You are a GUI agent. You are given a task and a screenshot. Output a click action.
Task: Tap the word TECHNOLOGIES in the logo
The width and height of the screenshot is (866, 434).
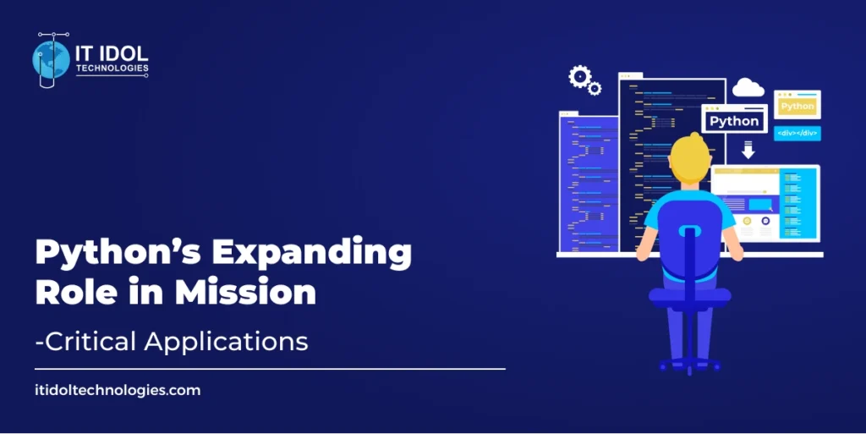tap(112, 68)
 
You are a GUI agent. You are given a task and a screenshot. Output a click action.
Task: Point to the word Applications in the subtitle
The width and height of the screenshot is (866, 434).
tap(227, 342)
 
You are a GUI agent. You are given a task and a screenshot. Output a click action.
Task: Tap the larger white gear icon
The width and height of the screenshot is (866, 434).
tap(579, 77)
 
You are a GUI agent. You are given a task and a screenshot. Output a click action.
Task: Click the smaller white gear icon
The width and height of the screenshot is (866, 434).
tap(595, 88)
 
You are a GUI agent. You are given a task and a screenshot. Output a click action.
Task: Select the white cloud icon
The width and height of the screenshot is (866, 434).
tap(748, 86)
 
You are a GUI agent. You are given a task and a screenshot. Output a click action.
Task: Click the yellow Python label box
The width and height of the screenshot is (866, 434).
tap(797, 106)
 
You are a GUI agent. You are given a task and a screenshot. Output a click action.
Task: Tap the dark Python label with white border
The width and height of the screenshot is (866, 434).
tap(733, 121)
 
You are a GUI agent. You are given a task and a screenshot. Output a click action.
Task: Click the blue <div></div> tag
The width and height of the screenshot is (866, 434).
tap(797, 133)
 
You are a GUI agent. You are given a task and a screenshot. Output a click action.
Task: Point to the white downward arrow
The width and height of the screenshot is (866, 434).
tap(748, 151)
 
